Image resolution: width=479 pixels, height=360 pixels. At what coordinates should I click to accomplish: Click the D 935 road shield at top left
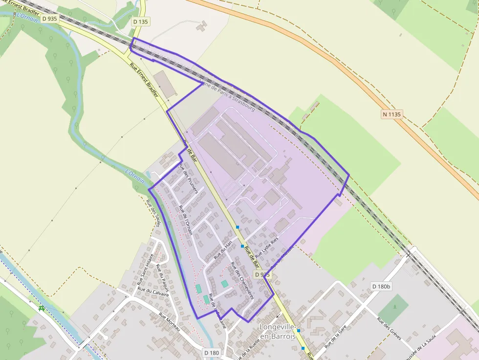coord(50,19)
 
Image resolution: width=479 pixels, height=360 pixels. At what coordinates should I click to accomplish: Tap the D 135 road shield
coord(141,21)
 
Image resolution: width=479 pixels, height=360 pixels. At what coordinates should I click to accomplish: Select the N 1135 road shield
coord(392,114)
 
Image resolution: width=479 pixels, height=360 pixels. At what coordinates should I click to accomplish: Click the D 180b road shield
coord(381,286)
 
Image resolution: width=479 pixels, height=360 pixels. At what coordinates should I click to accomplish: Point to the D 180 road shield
coord(212,353)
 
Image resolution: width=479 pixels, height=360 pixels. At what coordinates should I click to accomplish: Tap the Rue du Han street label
coord(222,250)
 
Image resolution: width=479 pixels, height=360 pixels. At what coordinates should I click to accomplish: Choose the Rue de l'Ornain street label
coord(186,221)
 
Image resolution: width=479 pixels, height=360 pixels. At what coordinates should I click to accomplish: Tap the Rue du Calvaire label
coord(153,292)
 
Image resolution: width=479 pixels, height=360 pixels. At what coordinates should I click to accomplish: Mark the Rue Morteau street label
coord(170,323)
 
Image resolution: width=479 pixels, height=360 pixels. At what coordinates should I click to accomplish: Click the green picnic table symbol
coord(42,308)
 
